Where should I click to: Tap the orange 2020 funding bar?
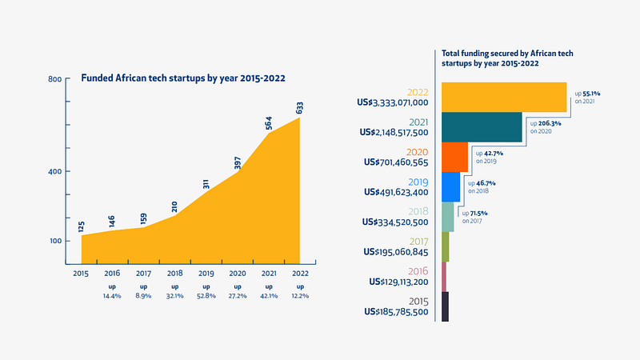[454, 157]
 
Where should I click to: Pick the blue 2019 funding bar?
[451, 186]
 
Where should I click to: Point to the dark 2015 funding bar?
[445, 306]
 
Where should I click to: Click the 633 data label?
[300, 108]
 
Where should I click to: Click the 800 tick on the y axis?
[54, 80]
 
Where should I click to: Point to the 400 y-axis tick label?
[54, 172]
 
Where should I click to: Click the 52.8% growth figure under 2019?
[206, 295]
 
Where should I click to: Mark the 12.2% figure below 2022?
[300, 295]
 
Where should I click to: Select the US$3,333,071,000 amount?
[394, 102]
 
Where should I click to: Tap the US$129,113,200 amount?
[398, 282]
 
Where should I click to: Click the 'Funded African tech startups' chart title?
[184, 79]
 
